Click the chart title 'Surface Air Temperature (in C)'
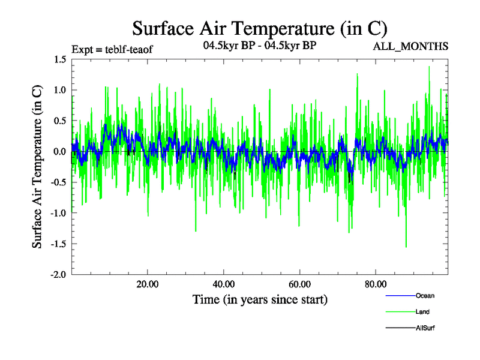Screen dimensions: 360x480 (x=260, y=28)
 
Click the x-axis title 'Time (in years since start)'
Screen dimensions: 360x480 (x=260, y=299)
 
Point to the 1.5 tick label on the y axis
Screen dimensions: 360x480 (x=59, y=59)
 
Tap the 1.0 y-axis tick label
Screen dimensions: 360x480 (x=59, y=90)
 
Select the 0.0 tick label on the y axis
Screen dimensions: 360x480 (x=59, y=152)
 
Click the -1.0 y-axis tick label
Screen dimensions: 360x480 (x=58, y=214)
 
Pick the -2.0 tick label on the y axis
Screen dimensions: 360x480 (x=58, y=275)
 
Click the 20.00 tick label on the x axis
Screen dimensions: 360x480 (x=147, y=284)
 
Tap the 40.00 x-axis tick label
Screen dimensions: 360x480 (x=223, y=284)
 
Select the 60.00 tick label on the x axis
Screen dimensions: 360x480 (x=299, y=284)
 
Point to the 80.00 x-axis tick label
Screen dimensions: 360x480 (x=375, y=284)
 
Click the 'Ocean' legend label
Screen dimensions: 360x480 (x=425, y=296)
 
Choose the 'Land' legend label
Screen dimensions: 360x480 (x=422, y=312)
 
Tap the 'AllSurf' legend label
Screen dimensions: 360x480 (x=425, y=328)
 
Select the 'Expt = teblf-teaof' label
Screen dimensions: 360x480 (x=112, y=49)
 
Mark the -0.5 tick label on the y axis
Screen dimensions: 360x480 (x=58, y=182)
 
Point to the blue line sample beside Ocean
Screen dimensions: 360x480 (x=399, y=296)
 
